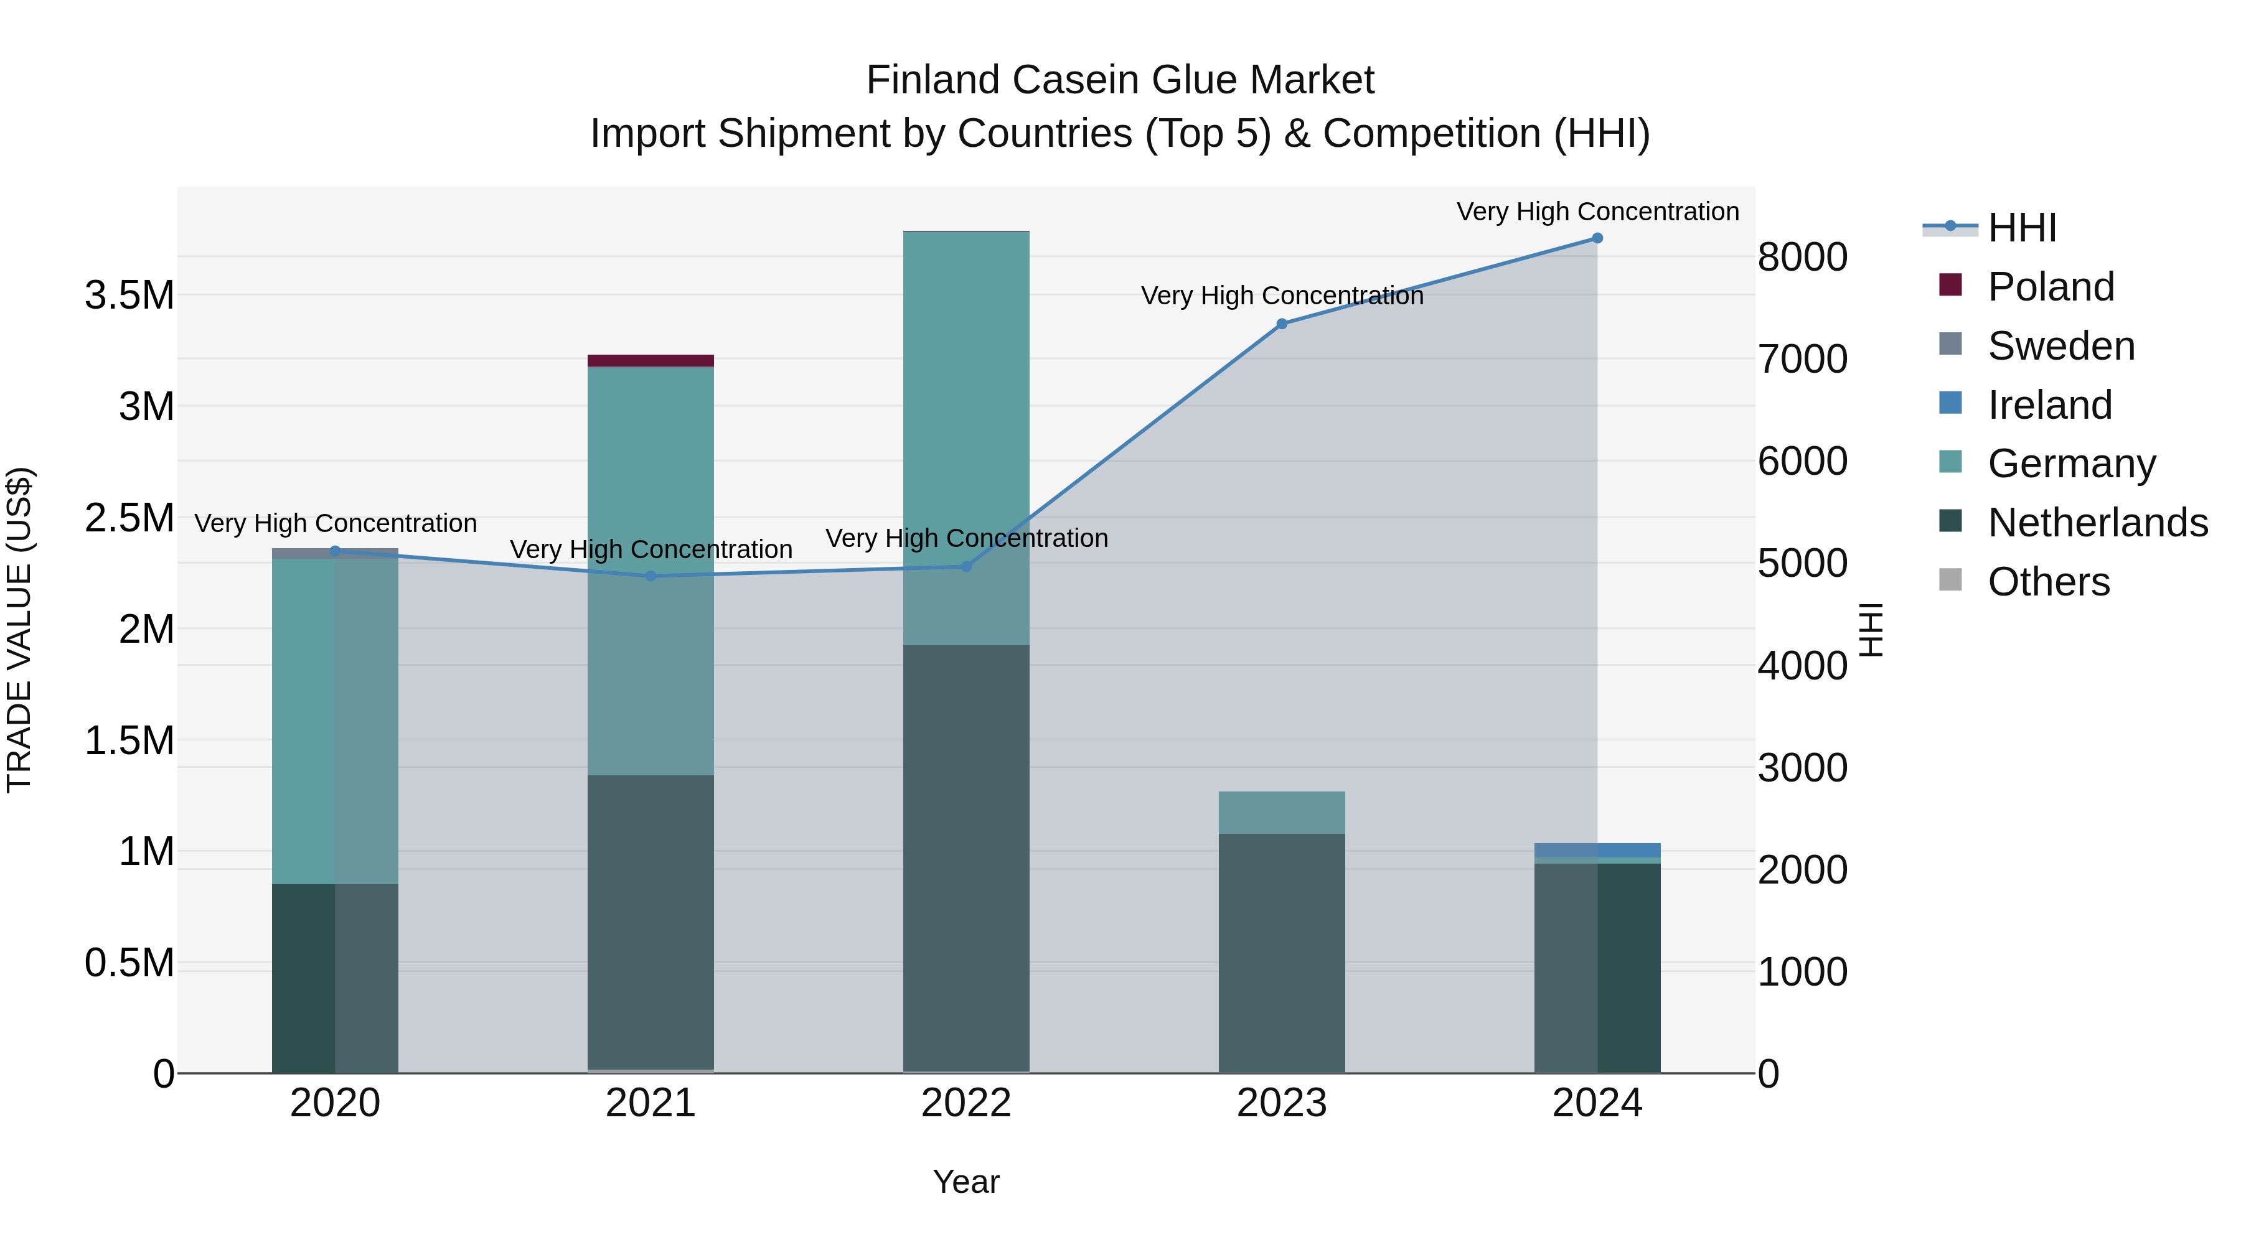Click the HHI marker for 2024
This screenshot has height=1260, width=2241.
(1597, 238)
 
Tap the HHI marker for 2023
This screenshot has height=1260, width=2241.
(1282, 324)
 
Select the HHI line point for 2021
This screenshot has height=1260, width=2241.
(651, 576)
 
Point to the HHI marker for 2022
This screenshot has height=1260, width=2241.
(965, 566)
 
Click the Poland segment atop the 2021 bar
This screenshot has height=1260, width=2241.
(651, 361)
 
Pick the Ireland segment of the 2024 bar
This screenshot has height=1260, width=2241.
(1597, 849)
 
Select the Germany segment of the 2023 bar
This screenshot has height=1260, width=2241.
(1282, 812)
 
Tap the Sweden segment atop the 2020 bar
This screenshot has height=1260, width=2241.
(335, 554)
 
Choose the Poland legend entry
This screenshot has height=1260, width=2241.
(2050, 287)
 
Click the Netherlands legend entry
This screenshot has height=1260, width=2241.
(2097, 523)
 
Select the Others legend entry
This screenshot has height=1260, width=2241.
(2048, 582)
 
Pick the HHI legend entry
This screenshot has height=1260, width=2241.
(2020, 228)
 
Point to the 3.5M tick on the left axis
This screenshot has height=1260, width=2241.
(129, 296)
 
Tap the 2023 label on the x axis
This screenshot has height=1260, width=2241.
(1282, 1103)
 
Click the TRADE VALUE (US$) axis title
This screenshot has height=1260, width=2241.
(19, 630)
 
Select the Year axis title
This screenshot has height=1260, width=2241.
(965, 1182)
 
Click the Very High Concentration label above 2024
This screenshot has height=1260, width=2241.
(1597, 212)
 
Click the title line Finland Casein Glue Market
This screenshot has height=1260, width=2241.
(1120, 80)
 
